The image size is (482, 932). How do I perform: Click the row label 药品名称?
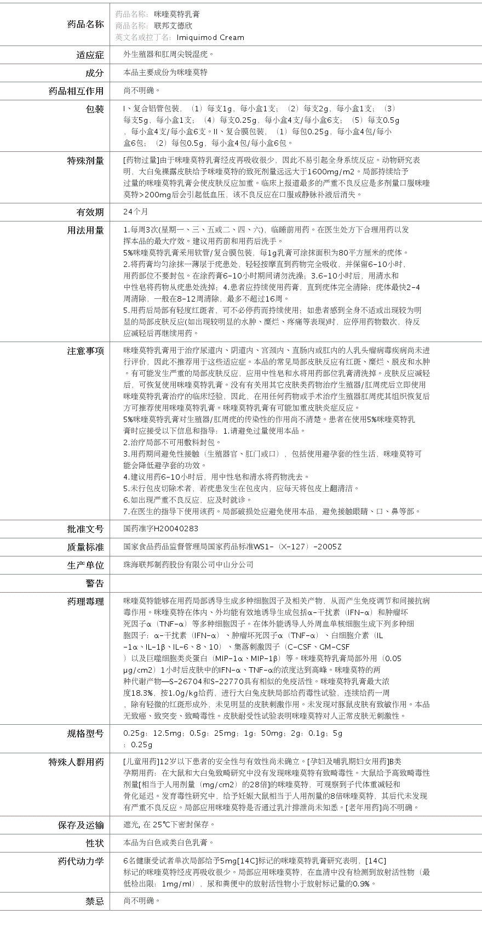point(85,24)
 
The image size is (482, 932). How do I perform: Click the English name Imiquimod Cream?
point(210,37)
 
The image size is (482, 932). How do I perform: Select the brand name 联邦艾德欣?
point(173,25)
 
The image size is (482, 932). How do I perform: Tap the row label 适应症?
point(90,55)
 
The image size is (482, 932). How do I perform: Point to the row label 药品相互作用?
point(76,91)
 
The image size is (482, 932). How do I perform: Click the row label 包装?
point(95,109)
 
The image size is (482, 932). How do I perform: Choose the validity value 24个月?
point(135,212)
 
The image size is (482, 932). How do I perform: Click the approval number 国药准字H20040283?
point(161,528)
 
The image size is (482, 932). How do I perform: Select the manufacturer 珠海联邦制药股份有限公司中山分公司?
point(188,565)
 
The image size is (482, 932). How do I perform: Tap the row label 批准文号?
point(85,529)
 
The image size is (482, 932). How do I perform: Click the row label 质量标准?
point(85,547)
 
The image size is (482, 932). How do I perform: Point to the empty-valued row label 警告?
point(94,583)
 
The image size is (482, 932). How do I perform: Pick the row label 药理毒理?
point(85,601)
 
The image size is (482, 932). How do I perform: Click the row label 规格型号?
point(85,734)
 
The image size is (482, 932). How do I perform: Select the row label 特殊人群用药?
point(76,762)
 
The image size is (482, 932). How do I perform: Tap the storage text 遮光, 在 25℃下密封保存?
point(169,825)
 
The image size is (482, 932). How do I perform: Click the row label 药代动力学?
point(81,861)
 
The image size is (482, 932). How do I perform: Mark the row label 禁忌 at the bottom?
point(94,901)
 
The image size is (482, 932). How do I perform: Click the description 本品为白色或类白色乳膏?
point(169,843)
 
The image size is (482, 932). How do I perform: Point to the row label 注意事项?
point(85,351)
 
